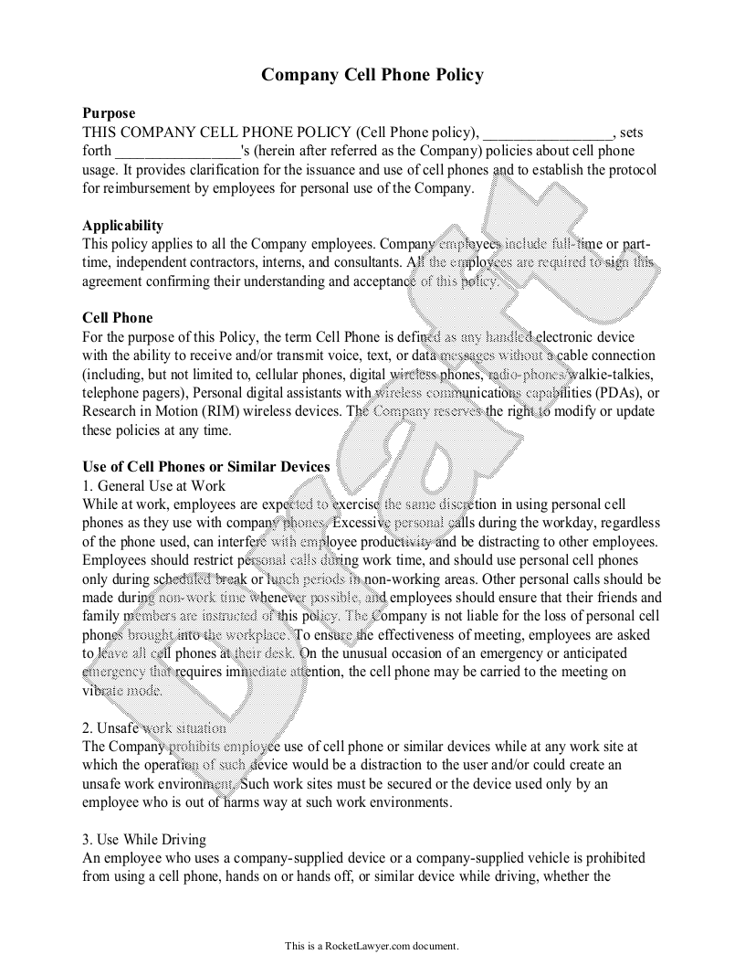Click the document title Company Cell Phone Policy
(372, 75)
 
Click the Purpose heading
(109, 113)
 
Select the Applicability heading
(123, 226)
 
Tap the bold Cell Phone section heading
(118, 318)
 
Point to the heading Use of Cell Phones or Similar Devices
(206, 467)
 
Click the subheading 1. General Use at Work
(153, 485)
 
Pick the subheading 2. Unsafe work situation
(153, 728)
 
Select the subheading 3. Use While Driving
(144, 840)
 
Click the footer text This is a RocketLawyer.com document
(372, 946)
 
